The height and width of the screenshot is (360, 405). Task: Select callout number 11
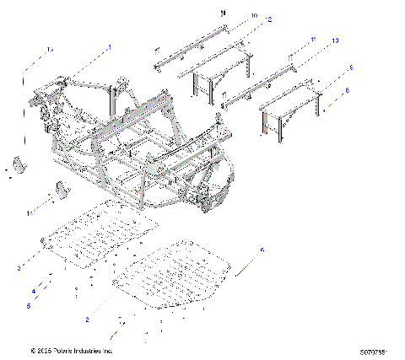coord(312,40)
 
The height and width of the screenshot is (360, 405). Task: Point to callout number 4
coord(34,291)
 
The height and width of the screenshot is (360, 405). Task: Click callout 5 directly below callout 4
coord(28,305)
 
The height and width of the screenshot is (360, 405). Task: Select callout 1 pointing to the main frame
coord(109,48)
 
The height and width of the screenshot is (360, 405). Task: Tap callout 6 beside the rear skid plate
coord(262,250)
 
